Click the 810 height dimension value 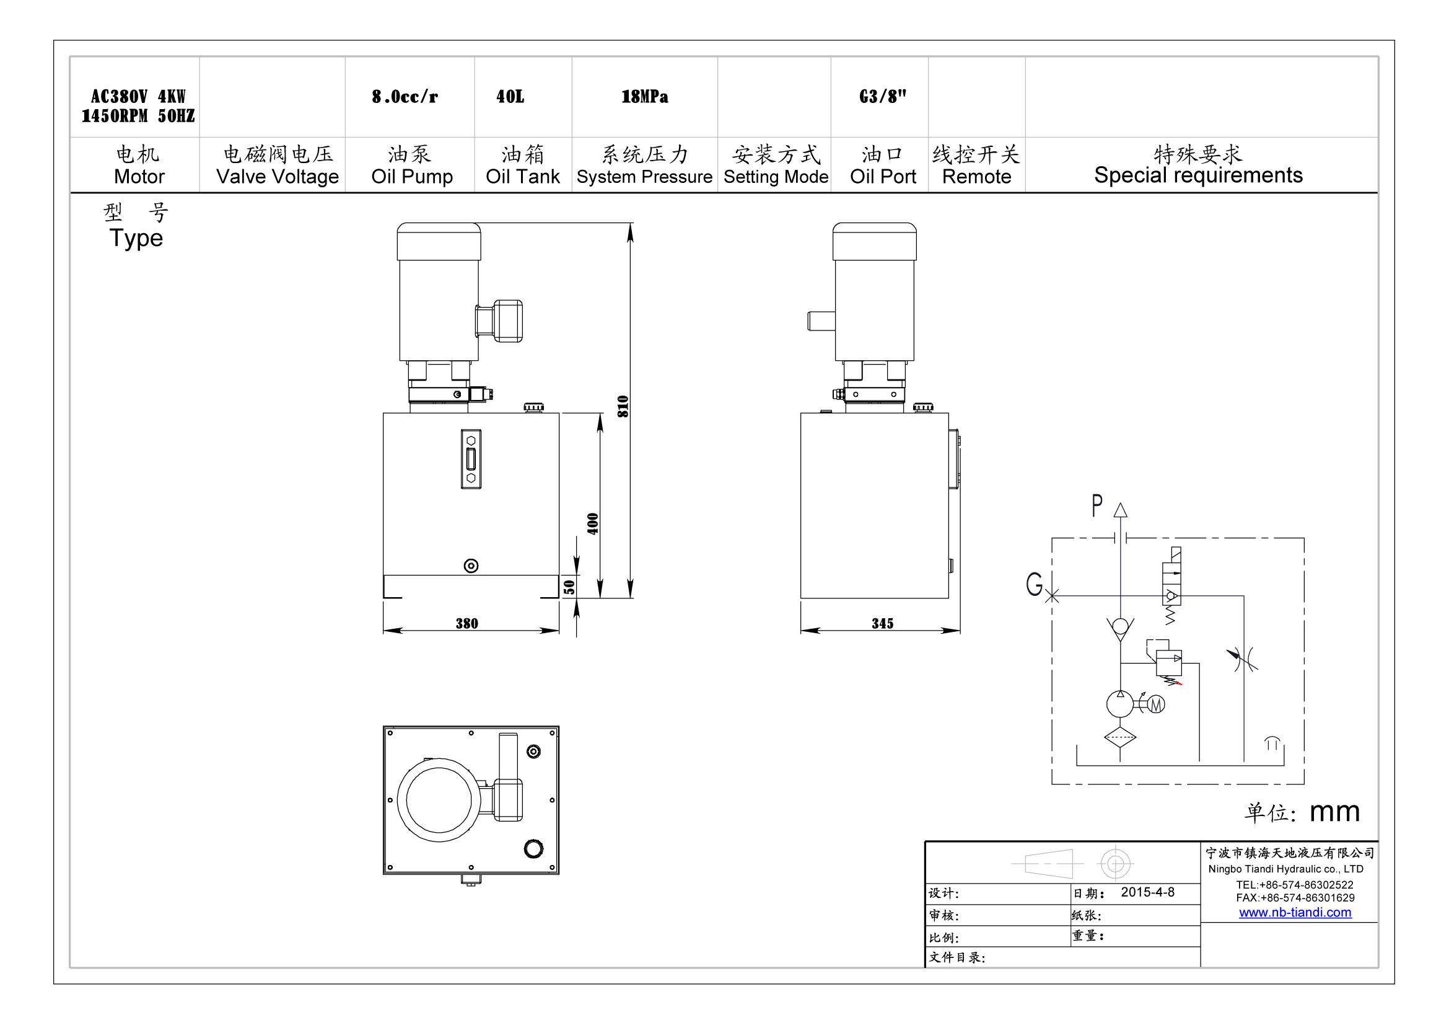point(623,406)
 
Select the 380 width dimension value point(467,623)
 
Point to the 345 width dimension point(882,623)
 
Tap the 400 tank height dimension point(593,523)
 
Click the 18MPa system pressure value point(644,97)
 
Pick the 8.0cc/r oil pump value point(405,97)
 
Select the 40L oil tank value point(510,97)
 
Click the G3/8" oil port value point(882,97)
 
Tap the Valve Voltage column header point(278,176)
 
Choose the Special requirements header point(1198,175)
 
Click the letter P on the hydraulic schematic point(1097,505)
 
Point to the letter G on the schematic point(1034,583)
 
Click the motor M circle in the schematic point(1155,704)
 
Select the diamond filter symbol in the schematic point(1120,737)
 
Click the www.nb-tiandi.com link point(1295,912)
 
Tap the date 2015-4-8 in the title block point(1147,892)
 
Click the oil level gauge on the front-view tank point(471,459)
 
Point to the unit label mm point(1334,812)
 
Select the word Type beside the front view point(136,239)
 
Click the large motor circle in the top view point(439,799)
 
